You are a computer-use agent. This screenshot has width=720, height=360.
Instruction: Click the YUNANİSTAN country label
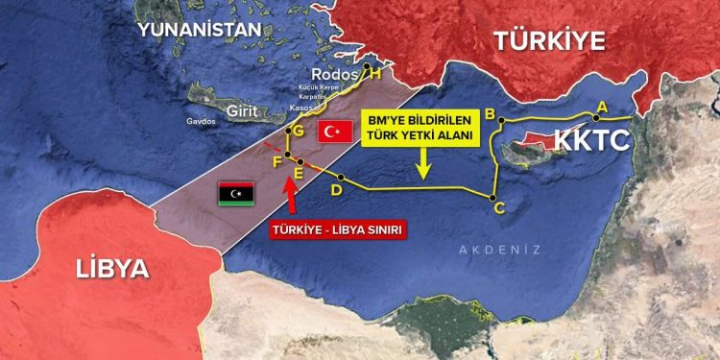coord(199,29)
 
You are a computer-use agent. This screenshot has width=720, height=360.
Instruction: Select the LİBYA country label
coord(113,268)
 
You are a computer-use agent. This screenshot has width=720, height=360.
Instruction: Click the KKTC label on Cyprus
coord(590,141)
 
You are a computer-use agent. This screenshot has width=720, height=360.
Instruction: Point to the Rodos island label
coord(333,76)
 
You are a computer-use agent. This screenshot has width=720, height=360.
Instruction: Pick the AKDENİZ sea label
coord(499,250)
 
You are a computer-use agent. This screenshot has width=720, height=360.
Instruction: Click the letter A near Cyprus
coord(602,106)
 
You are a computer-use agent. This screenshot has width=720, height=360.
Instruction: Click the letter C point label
coord(498,206)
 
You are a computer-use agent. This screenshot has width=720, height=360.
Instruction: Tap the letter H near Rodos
coord(375,73)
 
